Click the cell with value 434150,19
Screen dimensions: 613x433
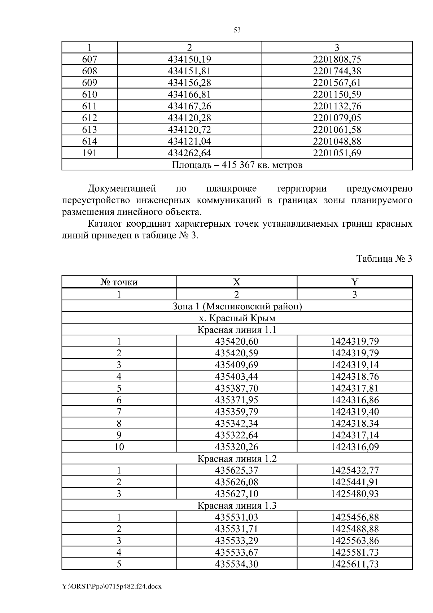(x=189, y=59)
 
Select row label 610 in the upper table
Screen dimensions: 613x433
(x=89, y=95)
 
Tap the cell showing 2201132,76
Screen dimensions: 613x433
(x=337, y=106)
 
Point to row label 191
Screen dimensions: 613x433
(x=89, y=153)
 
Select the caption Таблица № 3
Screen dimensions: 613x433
(x=384, y=259)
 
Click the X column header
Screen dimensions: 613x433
(x=236, y=282)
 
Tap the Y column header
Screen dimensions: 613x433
(x=354, y=282)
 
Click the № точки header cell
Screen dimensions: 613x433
(x=119, y=282)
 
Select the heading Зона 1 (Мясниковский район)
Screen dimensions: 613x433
(x=237, y=306)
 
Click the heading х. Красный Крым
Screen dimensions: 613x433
(x=237, y=318)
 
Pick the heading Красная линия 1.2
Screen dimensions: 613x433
(x=237, y=458)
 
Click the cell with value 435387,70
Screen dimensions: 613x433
(x=236, y=388)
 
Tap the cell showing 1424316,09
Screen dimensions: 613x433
(x=355, y=447)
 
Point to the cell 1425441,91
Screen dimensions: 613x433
(x=355, y=482)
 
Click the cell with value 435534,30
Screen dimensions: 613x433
(x=236, y=564)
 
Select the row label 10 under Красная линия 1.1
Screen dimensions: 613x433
(x=119, y=447)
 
